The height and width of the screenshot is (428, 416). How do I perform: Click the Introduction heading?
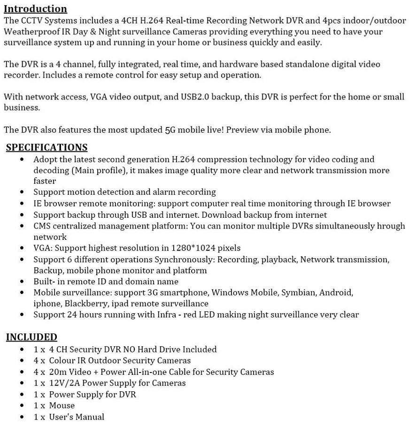click(x=35, y=9)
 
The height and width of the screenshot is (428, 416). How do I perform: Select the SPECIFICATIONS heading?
click(x=46, y=147)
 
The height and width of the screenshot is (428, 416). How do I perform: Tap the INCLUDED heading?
click(x=31, y=337)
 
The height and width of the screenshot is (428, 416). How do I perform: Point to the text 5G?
click(x=170, y=130)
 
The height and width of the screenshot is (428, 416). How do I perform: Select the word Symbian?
click(x=298, y=293)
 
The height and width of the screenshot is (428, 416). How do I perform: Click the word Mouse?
click(x=62, y=405)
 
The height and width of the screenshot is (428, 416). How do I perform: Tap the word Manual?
click(x=90, y=417)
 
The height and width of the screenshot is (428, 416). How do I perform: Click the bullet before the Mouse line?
click(x=23, y=406)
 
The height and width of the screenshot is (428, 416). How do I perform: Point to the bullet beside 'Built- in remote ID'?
click(x=23, y=282)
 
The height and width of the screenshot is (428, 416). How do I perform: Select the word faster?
click(x=45, y=181)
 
